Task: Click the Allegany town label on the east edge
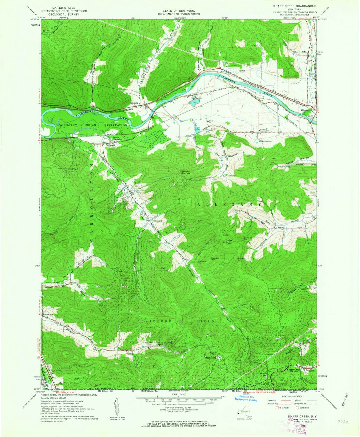[x=305, y=110]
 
